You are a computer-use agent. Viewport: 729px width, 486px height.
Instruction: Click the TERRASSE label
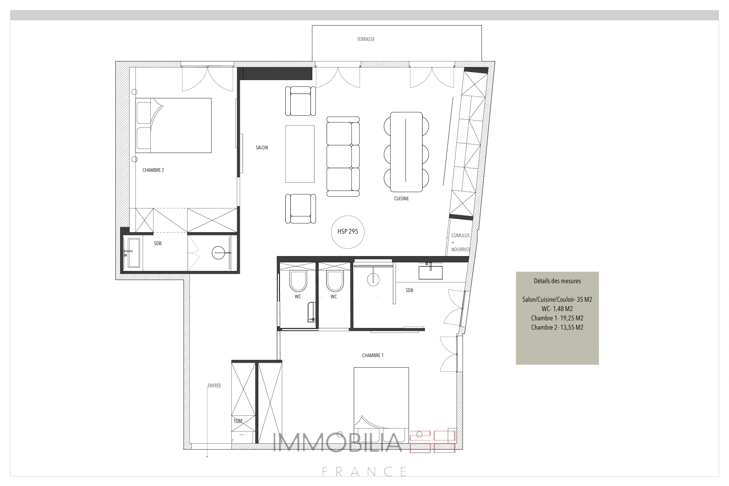[365, 39]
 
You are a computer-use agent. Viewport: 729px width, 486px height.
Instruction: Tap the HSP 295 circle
[347, 231]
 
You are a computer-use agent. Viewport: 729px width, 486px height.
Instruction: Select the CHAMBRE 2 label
[153, 170]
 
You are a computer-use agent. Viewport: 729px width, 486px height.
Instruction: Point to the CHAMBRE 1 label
[373, 355]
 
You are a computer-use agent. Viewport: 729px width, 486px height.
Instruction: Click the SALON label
[261, 148]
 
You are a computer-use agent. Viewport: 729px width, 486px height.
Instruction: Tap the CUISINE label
[401, 198]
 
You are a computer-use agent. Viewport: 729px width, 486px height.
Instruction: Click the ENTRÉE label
[214, 386]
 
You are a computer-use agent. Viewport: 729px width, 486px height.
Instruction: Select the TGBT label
[238, 421]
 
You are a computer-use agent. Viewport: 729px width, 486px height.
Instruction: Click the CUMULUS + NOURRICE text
[460, 242]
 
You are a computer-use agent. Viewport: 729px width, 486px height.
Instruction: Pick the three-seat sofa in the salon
[343, 156]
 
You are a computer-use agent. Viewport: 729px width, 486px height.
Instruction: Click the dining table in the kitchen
[406, 152]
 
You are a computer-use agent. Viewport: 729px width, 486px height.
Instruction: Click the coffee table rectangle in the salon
[300, 153]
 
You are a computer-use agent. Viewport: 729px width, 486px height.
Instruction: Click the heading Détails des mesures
[557, 281]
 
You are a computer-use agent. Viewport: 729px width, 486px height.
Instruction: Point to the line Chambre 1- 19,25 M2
[557, 318]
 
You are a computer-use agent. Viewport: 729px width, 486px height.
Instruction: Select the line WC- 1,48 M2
[557, 309]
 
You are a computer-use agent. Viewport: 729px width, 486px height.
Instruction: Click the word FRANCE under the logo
[364, 472]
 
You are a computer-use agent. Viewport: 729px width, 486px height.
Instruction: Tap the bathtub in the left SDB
[134, 252]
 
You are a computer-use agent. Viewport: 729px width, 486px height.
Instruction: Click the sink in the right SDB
[430, 272]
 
